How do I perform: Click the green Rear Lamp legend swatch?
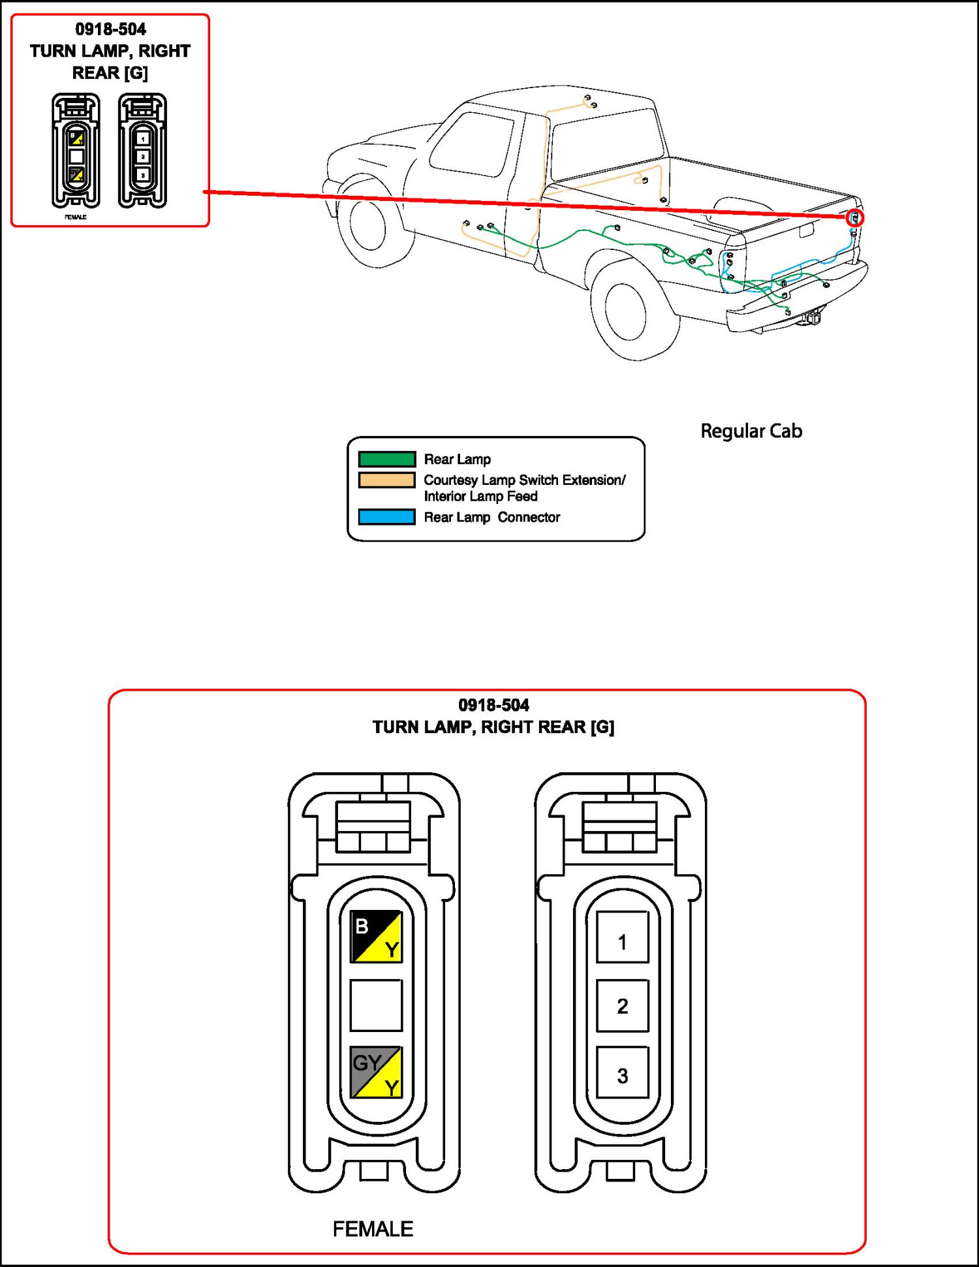[x=386, y=459]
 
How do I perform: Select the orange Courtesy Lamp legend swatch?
[x=386, y=480]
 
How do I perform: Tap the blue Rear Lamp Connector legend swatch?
[x=386, y=517]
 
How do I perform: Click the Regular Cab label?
[x=751, y=431]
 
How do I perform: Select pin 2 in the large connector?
[x=622, y=1005]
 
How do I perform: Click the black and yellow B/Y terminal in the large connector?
[x=376, y=937]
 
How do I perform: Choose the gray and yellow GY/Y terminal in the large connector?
[x=376, y=1072]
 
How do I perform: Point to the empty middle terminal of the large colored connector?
[x=376, y=1005]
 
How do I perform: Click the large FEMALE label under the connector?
[x=373, y=1229]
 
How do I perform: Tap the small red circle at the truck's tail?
[x=854, y=218]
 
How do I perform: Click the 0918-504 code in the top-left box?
[x=110, y=29]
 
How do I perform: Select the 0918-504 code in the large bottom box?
[x=493, y=705]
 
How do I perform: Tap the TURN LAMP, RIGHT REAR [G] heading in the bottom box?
[x=493, y=727]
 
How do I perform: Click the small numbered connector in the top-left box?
[x=142, y=151]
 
